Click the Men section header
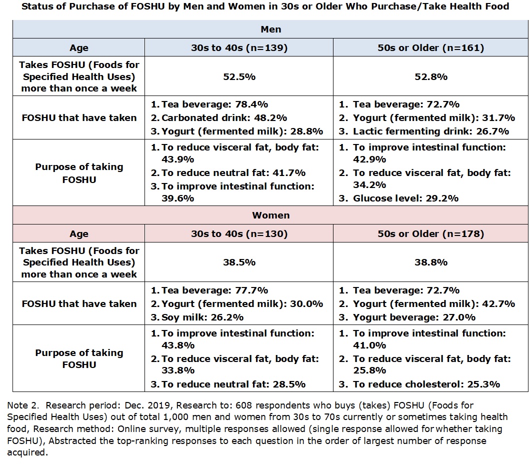coord(270,29)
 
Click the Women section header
coord(270,215)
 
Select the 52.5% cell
coord(239,77)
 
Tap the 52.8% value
coord(431,77)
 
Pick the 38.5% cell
coord(239,262)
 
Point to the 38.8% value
coord(431,262)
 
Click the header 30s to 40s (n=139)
coord(239,47)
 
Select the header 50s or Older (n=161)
coord(431,47)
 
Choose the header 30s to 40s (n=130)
coord(239,233)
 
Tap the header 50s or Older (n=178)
coord(431,233)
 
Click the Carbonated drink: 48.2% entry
coord(224,117)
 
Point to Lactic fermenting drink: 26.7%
coord(431,131)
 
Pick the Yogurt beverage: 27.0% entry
coord(414,317)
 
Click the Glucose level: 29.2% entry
coord(405,198)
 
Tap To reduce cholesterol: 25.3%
coord(426,384)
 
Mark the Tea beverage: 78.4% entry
coord(214,104)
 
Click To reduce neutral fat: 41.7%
coord(233,173)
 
